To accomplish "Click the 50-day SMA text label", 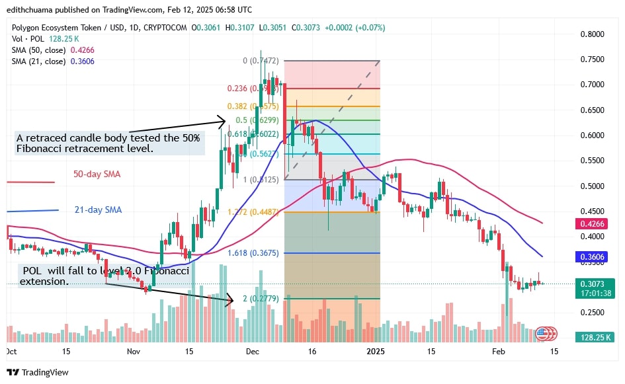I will pos(97,174).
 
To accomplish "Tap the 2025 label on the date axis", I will pos(375,352).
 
